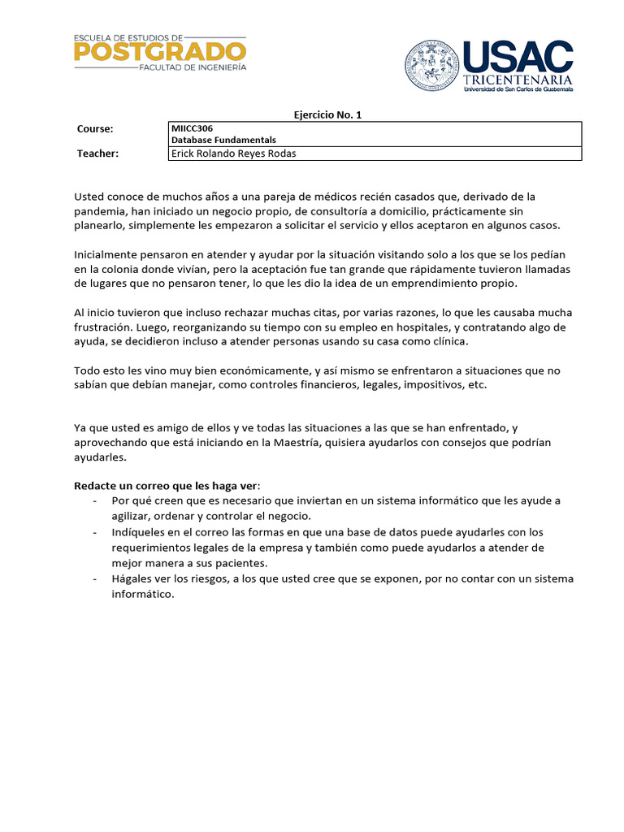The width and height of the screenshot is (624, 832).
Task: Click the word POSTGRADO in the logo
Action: (x=159, y=52)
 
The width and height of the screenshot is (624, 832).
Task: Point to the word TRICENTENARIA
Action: (x=518, y=80)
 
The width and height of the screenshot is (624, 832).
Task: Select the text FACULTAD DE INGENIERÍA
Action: (x=193, y=70)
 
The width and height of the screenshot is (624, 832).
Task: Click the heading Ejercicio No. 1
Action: (x=327, y=115)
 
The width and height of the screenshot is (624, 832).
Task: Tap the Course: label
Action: (x=95, y=129)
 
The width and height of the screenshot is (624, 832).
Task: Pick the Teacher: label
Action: (x=97, y=154)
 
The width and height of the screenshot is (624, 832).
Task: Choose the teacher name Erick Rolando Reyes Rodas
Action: (x=233, y=154)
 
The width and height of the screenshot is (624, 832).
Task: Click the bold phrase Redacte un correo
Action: (x=123, y=485)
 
